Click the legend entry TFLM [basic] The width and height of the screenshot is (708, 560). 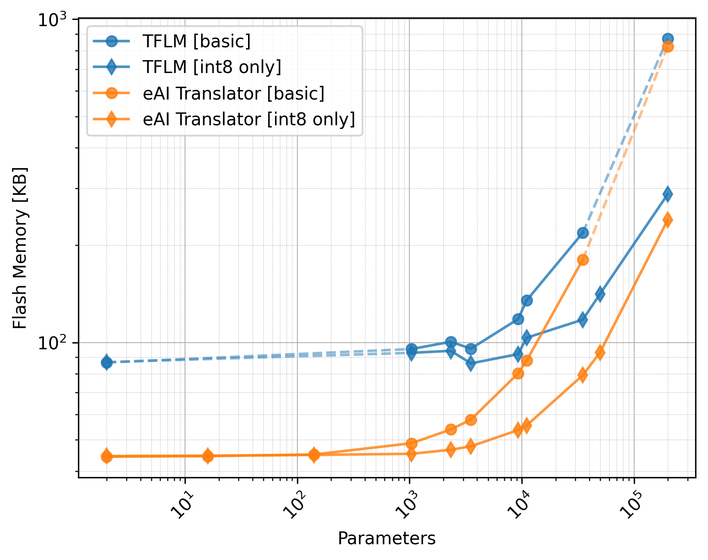[x=196, y=41]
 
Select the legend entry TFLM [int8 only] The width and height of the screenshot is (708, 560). [x=212, y=67]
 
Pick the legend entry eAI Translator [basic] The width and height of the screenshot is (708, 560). [x=233, y=94]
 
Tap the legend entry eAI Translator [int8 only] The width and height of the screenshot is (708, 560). [x=249, y=119]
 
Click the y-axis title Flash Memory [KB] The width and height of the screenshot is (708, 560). [x=20, y=248]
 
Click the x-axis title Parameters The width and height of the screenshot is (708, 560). [x=387, y=538]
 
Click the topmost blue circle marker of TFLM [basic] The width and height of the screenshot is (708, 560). [x=668, y=39]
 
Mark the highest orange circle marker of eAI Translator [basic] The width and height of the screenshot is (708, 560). [x=668, y=46]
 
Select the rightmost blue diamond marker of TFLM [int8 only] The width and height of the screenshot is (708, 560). [x=667, y=194]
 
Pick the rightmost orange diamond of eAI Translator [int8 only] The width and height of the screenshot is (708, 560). [x=667, y=220]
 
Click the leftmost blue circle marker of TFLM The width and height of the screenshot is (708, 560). [x=107, y=363]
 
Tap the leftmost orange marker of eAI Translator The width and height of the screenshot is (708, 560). [x=107, y=456]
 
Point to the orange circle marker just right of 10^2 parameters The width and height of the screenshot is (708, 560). [x=314, y=455]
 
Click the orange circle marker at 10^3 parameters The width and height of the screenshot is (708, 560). [x=411, y=443]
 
